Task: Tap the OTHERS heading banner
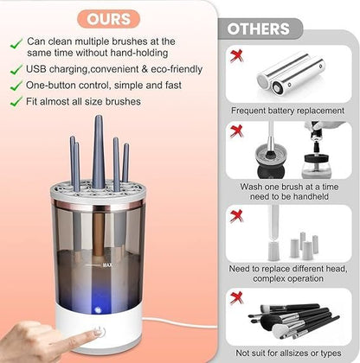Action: [259, 29]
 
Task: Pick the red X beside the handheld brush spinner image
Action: [235, 131]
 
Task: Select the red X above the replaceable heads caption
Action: [235, 215]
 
